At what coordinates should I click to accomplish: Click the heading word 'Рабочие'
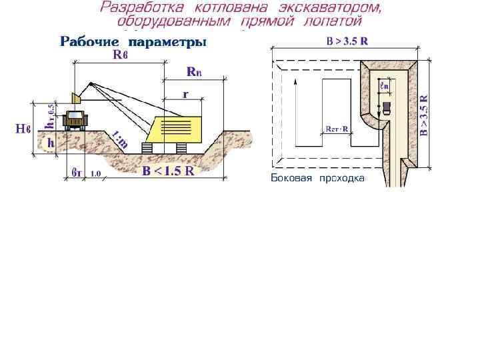91,43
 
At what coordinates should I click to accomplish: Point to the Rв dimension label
120,55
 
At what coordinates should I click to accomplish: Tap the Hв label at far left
23,128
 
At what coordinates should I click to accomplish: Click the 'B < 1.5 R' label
168,171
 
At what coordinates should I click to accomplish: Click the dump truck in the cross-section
74,120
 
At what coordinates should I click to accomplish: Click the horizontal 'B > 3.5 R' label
347,41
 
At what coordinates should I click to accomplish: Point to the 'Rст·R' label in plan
337,129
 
